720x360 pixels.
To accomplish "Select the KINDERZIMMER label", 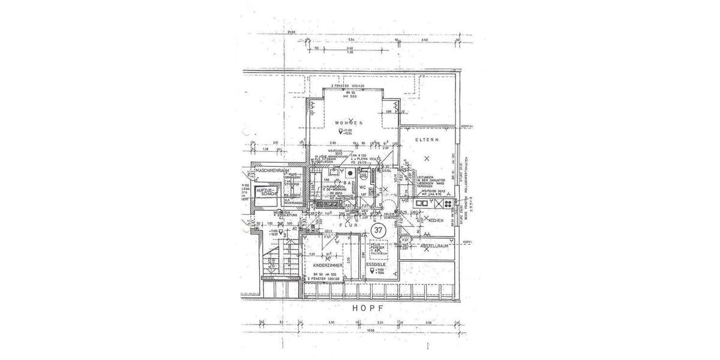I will [328, 265].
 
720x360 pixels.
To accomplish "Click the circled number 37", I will [379, 230].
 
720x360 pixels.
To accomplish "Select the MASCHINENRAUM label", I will [273, 170].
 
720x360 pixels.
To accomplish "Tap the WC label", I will [364, 187].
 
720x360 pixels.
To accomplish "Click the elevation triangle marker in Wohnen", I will [341, 130].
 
